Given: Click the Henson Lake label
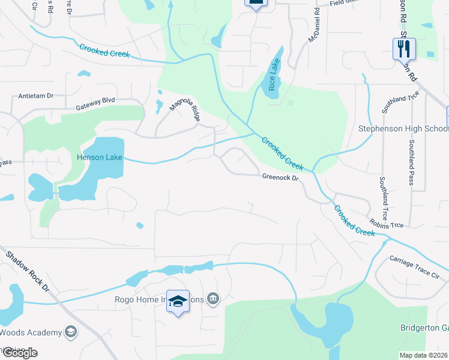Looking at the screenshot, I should pyautogui.click(x=99, y=158).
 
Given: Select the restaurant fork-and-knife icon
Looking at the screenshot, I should pyautogui.click(x=404, y=47).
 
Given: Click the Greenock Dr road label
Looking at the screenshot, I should pyautogui.click(x=280, y=177).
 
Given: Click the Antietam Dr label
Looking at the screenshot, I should pyautogui.click(x=36, y=95).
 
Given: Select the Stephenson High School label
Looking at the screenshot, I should pyautogui.click(x=403, y=129).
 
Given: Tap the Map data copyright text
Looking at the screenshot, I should pyautogui.click(x=424, y=355).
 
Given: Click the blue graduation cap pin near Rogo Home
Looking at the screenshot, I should pyautogui.click(x=178, y=301).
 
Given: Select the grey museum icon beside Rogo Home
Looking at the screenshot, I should pyautogui.click(x=212, y=299).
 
